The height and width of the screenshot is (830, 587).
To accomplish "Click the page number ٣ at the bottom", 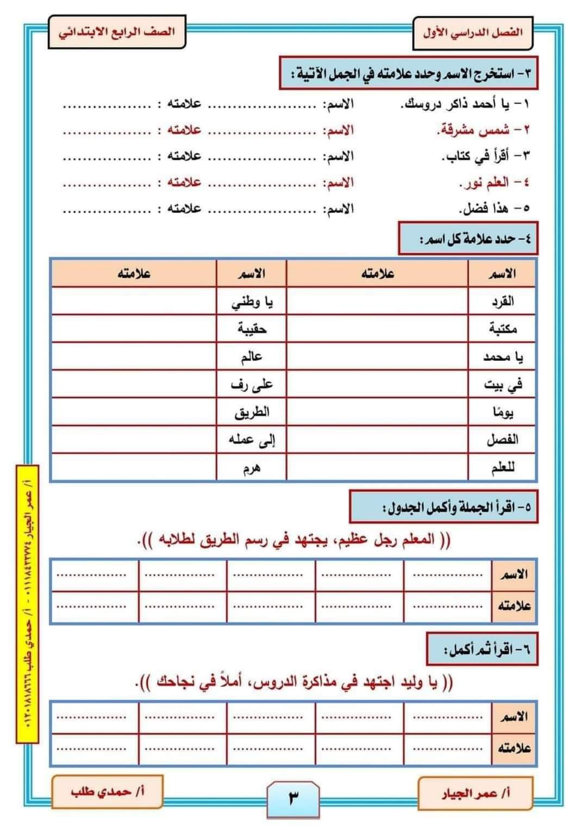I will [293, 798].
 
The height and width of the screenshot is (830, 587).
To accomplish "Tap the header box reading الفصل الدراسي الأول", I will [472, 32].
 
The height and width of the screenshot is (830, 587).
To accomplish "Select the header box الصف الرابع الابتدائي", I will [117, 32].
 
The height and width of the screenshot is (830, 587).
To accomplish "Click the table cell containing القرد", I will [502, 301].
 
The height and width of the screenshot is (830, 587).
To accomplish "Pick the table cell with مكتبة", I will [502, 329].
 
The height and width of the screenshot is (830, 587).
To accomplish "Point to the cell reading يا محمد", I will [502, 357].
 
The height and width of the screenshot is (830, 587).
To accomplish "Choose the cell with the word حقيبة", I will [252, 329].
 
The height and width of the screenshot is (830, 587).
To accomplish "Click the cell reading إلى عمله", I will [252, 440].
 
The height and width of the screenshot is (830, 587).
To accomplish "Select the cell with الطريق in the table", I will [252, 412].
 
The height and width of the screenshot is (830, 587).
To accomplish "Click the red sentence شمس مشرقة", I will [473, 130].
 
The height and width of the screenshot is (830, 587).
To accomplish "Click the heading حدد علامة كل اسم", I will [468, 238].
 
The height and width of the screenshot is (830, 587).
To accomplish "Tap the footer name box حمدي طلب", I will [107, 791].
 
